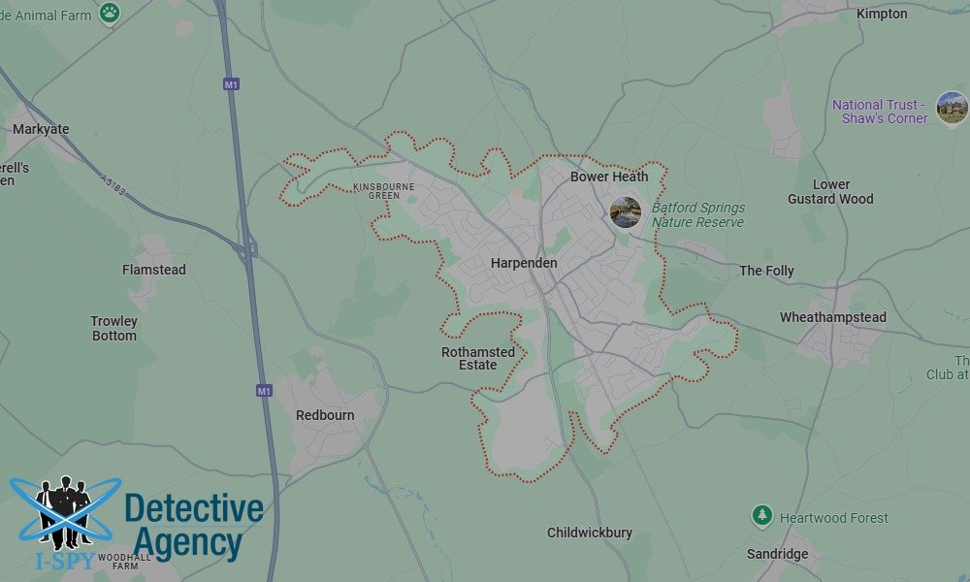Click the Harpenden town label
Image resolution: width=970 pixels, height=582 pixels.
click(524, 263)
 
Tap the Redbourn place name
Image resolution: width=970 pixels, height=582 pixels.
click(325, 415)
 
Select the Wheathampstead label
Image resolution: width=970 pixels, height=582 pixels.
click(833, 317)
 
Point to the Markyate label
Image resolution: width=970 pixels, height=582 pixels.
click(41, 129)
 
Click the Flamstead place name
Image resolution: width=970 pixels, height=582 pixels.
click(154, 270)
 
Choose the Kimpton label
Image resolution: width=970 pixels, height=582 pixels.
click(882, 14)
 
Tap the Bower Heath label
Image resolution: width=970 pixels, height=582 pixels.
click(609, 177)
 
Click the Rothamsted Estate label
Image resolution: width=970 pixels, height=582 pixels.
click(478, 358)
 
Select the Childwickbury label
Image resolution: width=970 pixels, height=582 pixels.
click(590, 533)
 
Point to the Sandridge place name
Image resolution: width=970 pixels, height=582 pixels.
click(778, 554)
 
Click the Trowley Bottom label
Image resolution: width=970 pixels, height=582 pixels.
click(114, 328)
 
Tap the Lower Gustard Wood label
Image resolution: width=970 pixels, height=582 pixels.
click(830, 191)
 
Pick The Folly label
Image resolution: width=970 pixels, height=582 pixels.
click(766, 271)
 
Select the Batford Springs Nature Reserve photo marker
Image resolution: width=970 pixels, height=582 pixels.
click(626, 212)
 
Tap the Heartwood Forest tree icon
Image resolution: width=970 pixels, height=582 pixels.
click(762, 517)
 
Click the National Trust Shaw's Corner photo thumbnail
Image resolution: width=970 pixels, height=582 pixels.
click(952, 109)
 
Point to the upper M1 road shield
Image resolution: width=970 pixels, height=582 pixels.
click(231, 84)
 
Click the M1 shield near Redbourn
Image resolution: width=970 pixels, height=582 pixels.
click(264, 390)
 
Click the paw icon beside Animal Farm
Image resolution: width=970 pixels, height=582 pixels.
click(110, 13)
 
